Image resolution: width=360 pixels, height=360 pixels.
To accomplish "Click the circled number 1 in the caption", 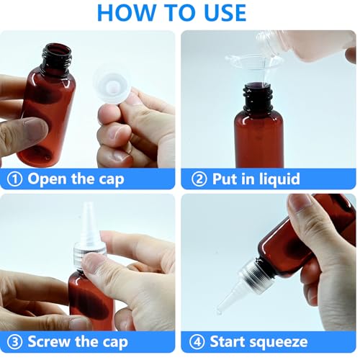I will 15,179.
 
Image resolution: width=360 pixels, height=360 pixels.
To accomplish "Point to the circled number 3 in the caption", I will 15,341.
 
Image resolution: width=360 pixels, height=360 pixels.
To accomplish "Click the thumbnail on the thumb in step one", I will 35,130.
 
